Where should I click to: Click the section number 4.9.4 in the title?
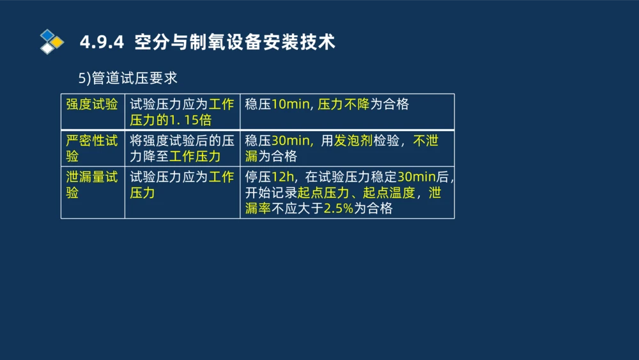(101, 43)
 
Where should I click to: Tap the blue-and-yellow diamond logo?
(52, 42)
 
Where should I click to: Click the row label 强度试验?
(92, 104)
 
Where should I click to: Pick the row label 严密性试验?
(92, 148)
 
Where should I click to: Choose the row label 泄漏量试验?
(92, 184)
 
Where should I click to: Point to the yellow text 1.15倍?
(190, 120)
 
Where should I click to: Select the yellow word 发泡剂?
(353, 141)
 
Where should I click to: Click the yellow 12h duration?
(283, 176)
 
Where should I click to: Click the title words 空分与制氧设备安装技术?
(235, 43)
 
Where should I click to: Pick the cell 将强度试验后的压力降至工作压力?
(182, 148)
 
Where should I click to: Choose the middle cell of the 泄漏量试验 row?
(182, 184)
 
